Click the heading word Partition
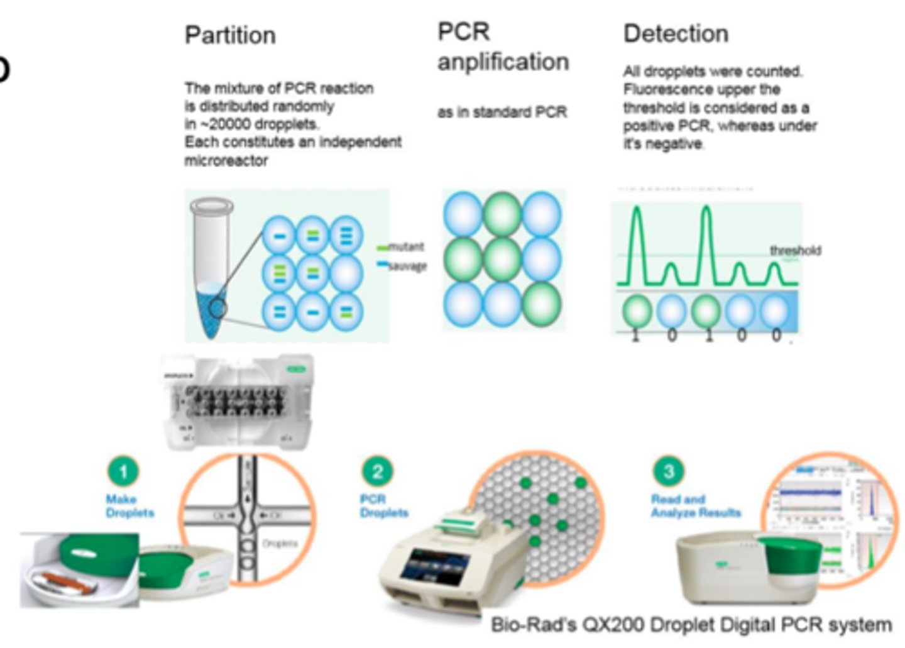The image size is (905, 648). point(230,36)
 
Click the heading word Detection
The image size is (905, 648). point(676,34)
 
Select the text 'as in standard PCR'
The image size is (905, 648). point(502,113)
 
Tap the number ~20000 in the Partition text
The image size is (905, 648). point(221,124)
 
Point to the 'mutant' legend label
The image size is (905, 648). point(406,247)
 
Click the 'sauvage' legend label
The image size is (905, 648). point(407,266)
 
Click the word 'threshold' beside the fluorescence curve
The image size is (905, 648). point(795,251)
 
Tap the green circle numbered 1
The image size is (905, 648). point(123,471)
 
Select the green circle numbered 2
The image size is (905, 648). point(377,471)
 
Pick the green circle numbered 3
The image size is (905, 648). point(669,471)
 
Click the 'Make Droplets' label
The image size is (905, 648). point(129,506)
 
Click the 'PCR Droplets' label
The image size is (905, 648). point(383,506)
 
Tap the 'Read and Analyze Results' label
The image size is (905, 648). point(695,506)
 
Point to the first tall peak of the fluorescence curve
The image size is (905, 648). point(637,214)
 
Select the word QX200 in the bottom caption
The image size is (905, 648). point(613,625)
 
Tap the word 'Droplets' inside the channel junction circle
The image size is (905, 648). point(280,544)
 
